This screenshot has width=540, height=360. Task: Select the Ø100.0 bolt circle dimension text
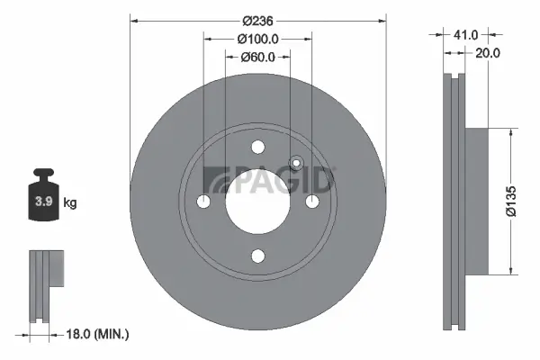click(x=257, y=39)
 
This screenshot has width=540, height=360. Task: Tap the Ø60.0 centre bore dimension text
click(x=257, y=57)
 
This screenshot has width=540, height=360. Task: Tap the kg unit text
click(x=69, y=202)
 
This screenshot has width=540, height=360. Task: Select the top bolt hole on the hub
click(x=258, y=148)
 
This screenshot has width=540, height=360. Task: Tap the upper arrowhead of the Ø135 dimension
click(x=512, y=131)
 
